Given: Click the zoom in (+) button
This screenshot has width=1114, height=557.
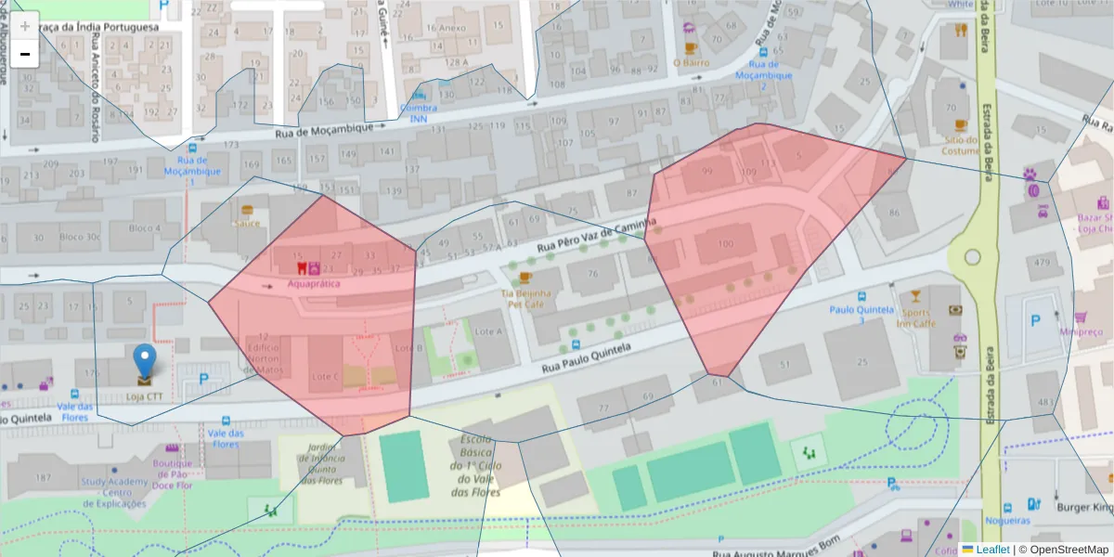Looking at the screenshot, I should click(25, 25).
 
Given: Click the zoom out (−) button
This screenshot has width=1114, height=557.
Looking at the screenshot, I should click(25, 54).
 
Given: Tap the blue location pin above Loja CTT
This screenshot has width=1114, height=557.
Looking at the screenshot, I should click(145, 360).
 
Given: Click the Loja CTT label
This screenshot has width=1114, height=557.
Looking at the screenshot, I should click(146, 396).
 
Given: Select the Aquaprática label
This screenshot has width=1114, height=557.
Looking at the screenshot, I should click(313, 283).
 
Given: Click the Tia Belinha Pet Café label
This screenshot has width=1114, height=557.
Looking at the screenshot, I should click(526, 298).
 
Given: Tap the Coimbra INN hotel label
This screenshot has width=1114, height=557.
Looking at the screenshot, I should click(418, 112).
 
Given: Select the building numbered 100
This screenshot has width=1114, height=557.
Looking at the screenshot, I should click(725, 243).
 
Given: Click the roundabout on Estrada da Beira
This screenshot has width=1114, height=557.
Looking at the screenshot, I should click(973, 257).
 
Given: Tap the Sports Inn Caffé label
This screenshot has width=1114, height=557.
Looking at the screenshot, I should click(915, 318).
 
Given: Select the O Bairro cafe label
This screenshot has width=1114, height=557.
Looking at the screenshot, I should click(691, 62).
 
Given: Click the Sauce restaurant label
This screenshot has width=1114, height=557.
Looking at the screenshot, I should click(247, 223).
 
